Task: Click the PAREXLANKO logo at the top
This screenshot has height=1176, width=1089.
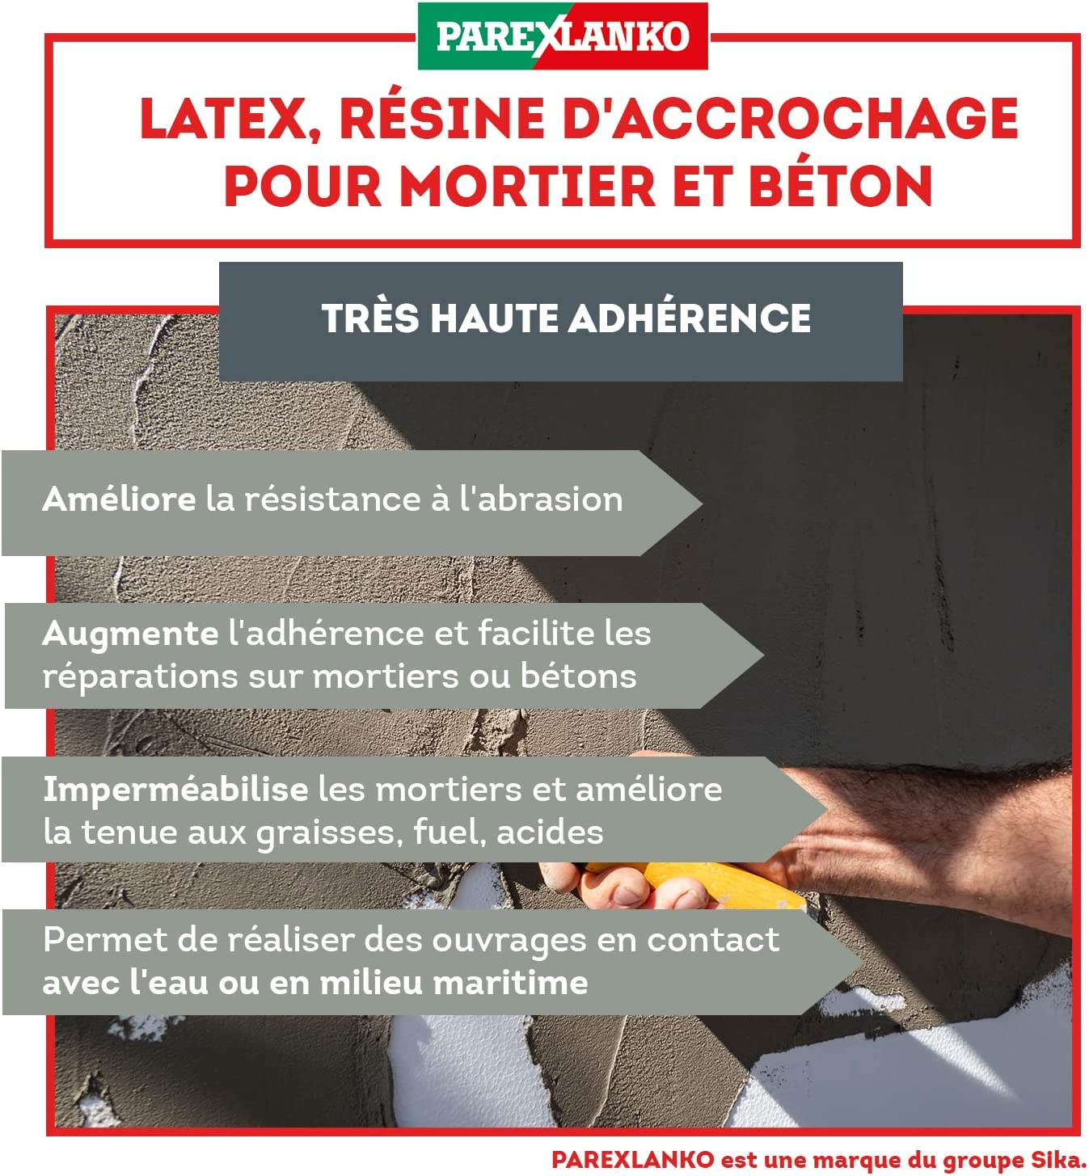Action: [x=562, y=36]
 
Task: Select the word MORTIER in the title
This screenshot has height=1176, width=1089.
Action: [x=528, y=187]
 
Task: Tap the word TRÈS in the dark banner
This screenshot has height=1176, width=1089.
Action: [x=370, y=318]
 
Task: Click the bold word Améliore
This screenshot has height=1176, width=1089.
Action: [x=119, y=499]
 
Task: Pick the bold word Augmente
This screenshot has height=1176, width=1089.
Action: [x=129, y=634]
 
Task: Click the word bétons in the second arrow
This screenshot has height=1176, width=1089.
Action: [x=578, y=677]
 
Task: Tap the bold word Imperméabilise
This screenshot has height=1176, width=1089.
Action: [x=175, y=790]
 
